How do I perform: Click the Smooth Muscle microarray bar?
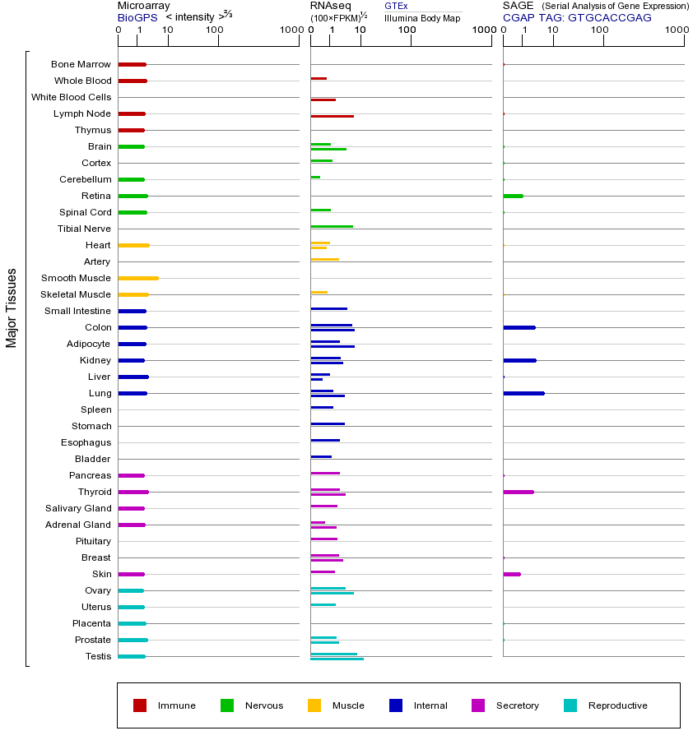[x=138, y=278]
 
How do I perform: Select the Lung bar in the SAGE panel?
[x=523, y=393]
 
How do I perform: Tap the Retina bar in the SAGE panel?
[x=513, y=196]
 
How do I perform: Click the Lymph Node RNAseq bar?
[x=332, y=116]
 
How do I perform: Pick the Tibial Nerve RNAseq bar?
[x=332, y=226]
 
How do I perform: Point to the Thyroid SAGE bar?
[x=519, y=492]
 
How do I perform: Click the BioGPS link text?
[x=137, y=17]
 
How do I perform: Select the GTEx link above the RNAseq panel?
[x=396, y=6]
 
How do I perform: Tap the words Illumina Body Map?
[x=422, y=17]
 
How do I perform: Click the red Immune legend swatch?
[x=140, y=705]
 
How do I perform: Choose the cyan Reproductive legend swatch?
[x=570, y=705]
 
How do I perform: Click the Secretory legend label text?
[x=517, y=705]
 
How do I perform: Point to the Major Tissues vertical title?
[x=12, y=308]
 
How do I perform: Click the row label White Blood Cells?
[x=71, y=97]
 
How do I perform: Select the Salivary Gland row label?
[x=78, y=508]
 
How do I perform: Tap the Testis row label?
[x=98, y=656]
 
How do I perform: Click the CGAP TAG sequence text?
[x=577, y=17]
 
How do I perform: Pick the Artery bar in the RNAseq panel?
[x=324, y=259]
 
